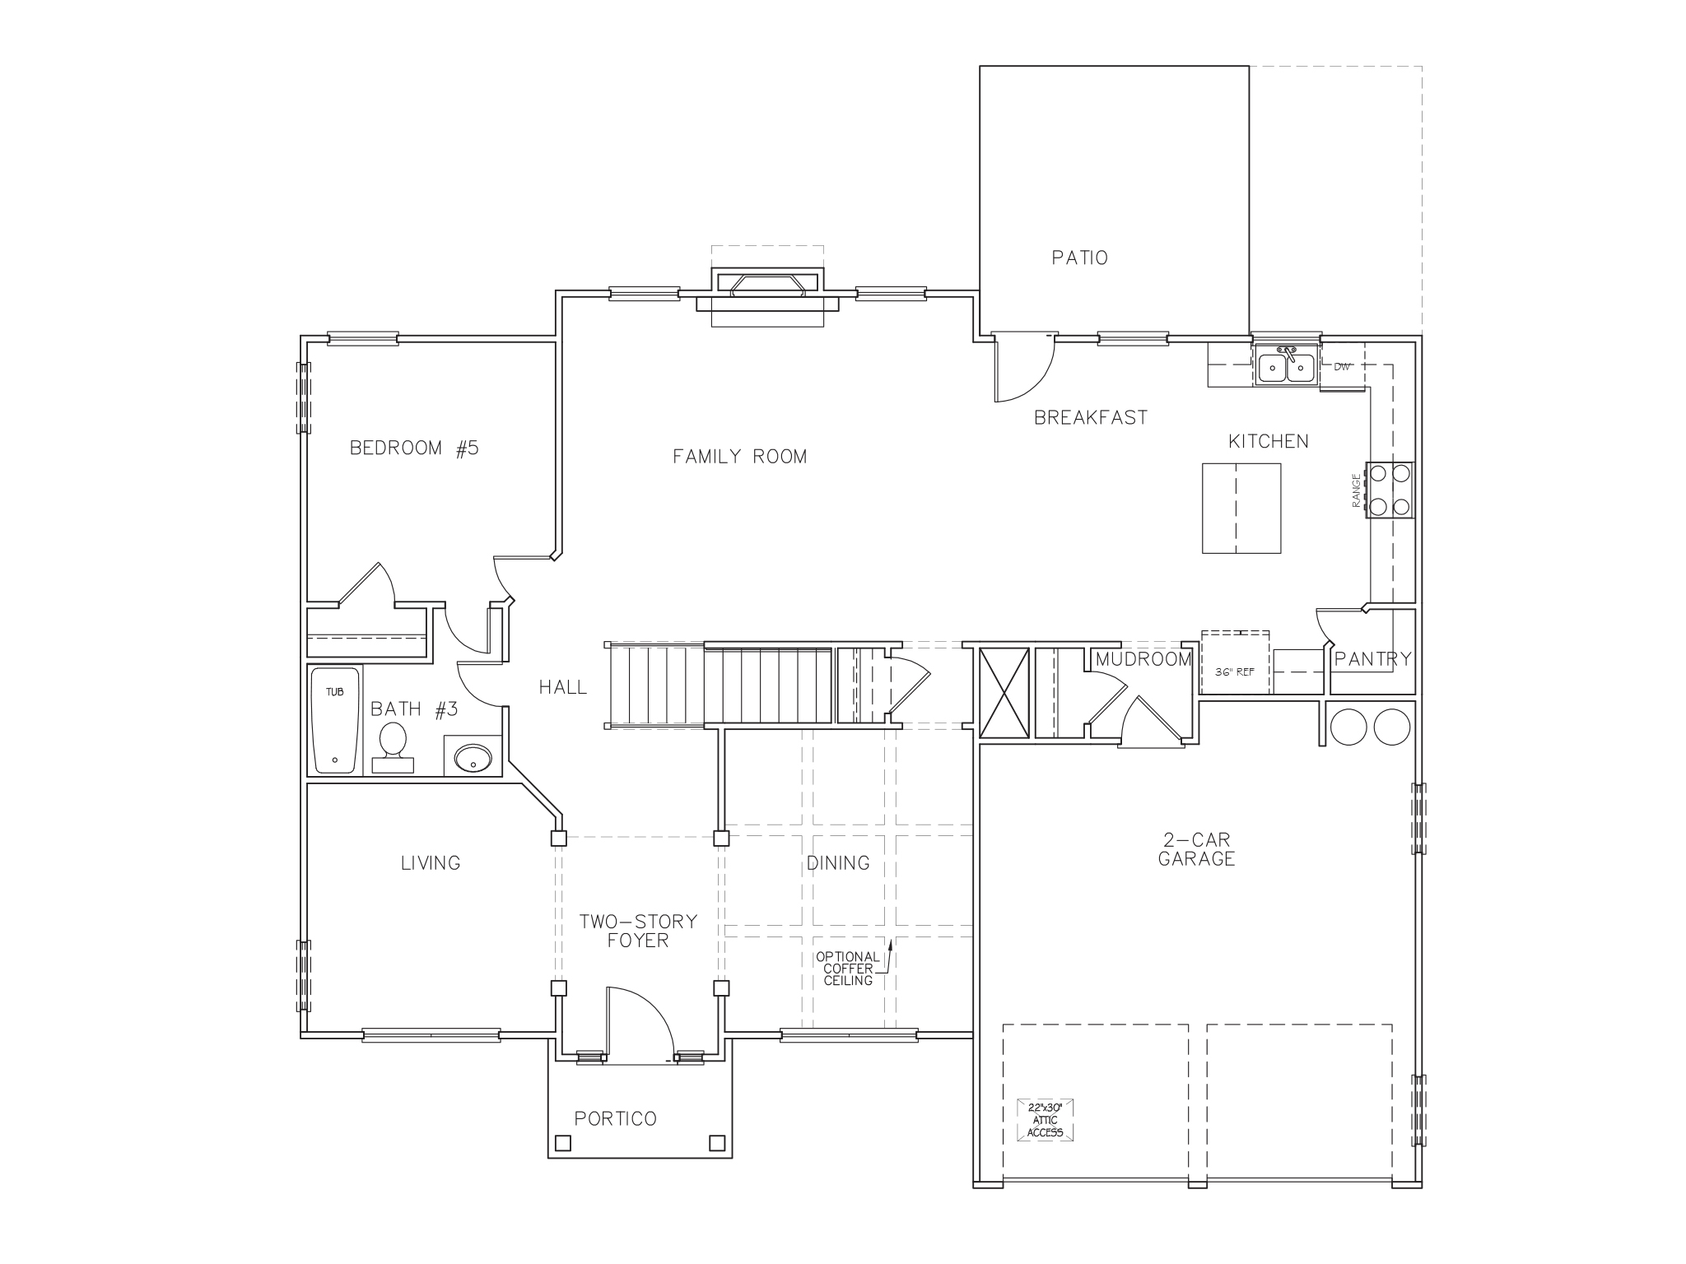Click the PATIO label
tap(1079, 258)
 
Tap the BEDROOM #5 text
tap(414, 448)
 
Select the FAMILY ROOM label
tap(739, 457)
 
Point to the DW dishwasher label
tap(1342, 367)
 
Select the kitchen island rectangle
tap(1241, 508)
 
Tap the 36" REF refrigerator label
tap(1235, 671)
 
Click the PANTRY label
tap(1372, 659)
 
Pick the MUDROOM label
tap(1143, 659)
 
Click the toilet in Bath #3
tap(393, 743)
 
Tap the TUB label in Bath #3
tap(334, 692)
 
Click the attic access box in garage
tap(1046, 1120)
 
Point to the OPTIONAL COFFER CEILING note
tap(847, 969)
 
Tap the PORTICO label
tap(616, 1119)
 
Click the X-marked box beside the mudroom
tap(1004, 693)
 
